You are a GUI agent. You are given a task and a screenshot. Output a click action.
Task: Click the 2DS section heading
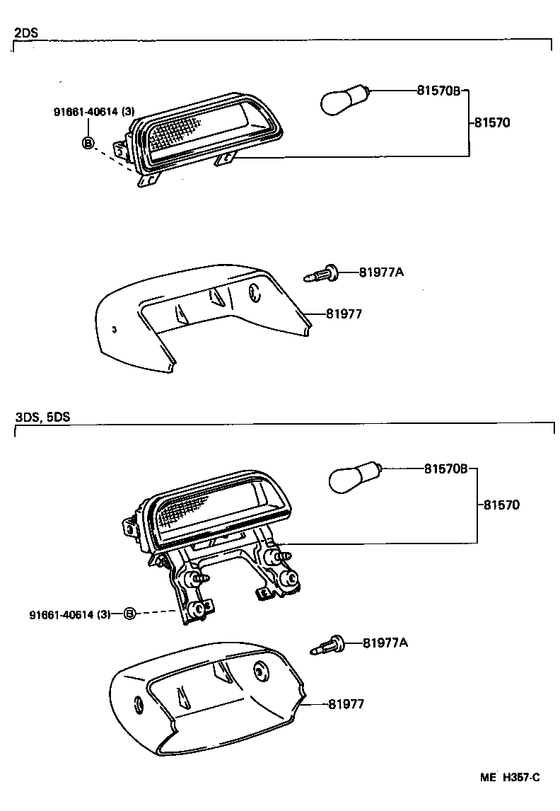point(25,33)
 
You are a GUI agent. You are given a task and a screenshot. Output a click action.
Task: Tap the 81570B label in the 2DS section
point(438,91)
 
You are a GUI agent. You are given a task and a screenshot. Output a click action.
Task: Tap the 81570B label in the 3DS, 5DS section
point(446,468)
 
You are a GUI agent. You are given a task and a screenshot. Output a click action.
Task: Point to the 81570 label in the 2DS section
point(491,122)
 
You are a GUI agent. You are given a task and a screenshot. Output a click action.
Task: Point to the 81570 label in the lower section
point(502,505)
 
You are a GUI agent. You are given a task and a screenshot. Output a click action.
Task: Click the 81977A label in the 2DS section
point(381,272)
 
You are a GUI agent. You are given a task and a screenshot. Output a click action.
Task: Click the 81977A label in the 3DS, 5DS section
point(385,643)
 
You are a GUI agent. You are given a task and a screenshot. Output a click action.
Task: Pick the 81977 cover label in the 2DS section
point(344,314)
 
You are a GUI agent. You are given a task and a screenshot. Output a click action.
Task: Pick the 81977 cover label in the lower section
point(346,704)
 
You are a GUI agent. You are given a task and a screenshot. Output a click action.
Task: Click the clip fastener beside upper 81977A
point(322,273)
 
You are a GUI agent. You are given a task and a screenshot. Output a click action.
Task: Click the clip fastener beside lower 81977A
point(327,645)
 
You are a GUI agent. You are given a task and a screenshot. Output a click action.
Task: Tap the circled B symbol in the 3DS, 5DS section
point(129,614)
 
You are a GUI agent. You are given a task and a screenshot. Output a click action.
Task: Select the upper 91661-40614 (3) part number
point(94,112)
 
